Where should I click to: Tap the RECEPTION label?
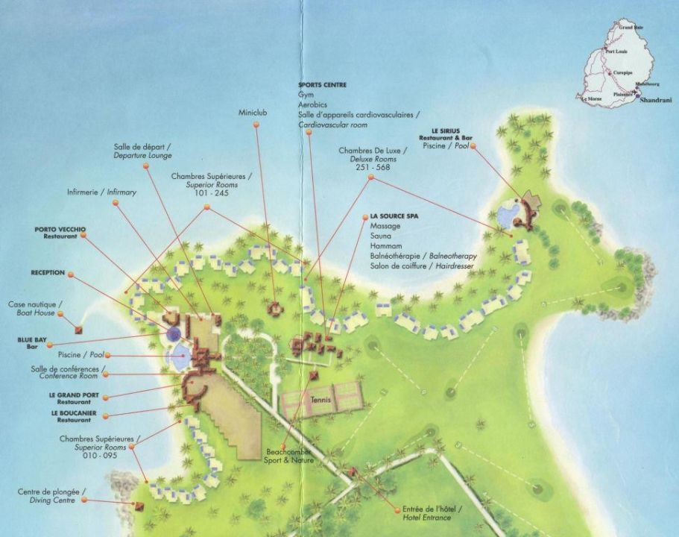(48, 273)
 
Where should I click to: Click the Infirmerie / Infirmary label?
(101, 192)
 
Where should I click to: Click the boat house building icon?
(79, 328)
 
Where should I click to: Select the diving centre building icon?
(139, 505)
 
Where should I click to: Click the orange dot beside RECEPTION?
(71, 274)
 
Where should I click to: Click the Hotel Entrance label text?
(432, 517)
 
